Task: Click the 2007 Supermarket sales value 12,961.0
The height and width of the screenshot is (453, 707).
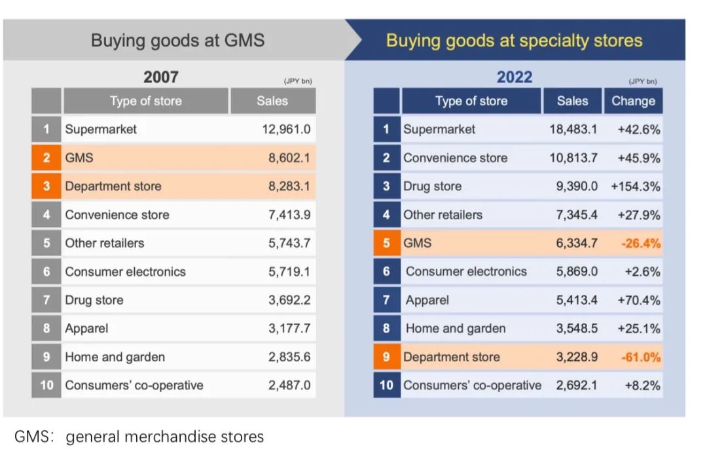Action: (x=286, y=129)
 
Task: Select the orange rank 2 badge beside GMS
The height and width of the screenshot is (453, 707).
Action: (x=46, y=158)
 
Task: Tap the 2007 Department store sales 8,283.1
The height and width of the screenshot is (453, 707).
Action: (x=289, y=186)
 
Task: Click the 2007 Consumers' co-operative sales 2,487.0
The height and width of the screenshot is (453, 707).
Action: (x=289, y=385)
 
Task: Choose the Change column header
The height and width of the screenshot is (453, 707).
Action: (x=633, y=101)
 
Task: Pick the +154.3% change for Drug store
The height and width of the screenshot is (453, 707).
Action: (x=635, y=186)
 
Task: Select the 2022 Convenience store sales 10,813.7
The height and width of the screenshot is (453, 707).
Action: (x=573, y=158)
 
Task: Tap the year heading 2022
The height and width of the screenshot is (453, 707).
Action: (x=515, y=77)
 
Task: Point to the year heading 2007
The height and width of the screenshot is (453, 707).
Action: (x=161, y=77)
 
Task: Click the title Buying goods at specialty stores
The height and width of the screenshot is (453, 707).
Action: (x=514, y=41)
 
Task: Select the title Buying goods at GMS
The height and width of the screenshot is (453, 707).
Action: (x=177, y=41)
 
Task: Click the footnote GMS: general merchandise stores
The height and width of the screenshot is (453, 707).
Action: (x=139, y=436)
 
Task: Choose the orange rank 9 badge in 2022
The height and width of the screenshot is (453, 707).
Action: (x=386, y=357)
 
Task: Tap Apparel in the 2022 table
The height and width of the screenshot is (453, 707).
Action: (x=427, y=300)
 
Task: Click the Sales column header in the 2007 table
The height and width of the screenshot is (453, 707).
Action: (x=272, y=101)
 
